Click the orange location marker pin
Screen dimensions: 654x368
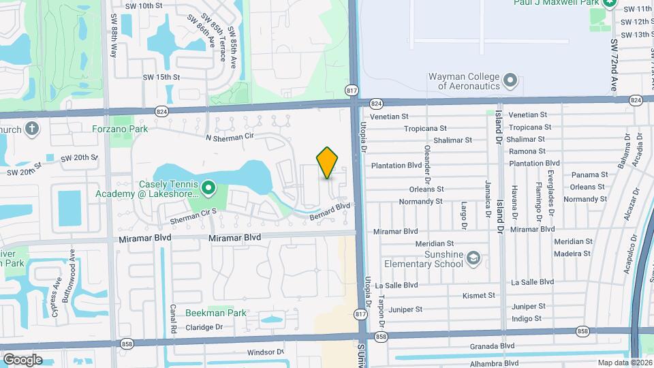coord(328,162)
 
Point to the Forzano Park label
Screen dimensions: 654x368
coord(121,127)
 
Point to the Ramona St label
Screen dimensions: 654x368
coord(527,151)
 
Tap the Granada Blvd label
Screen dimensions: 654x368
coord(493,346)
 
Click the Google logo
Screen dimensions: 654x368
coord(22,360)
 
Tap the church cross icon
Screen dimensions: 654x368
coord(31,129)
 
